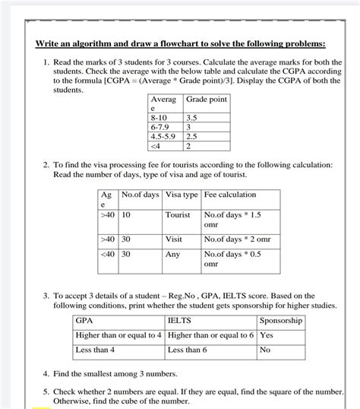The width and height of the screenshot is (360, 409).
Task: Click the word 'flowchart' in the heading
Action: [x=175, y=43]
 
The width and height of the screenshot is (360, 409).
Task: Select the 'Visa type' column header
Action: [x=182, y=195]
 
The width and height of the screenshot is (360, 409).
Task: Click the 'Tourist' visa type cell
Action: [x=178, y=215]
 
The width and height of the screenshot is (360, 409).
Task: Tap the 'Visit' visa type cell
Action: [x=174, y=239]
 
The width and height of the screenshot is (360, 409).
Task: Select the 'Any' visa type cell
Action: [x=173, y=255]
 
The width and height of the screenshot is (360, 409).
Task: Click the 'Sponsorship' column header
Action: [x=281, y=321]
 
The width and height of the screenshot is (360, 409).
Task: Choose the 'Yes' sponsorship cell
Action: [x=267, y=335]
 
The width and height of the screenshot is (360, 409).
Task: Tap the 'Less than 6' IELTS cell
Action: [x=187, y=350]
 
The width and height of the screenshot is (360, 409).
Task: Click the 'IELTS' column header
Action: [x=179, y=321]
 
